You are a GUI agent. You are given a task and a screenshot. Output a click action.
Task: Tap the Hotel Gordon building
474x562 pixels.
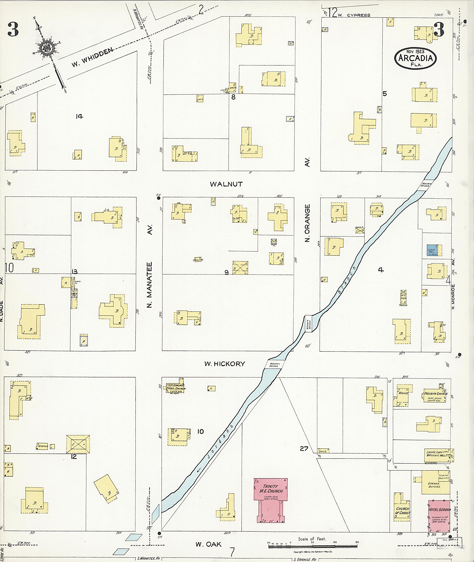(x=439, y=516)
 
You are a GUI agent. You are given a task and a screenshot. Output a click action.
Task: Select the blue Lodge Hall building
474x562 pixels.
(x=432, y=250)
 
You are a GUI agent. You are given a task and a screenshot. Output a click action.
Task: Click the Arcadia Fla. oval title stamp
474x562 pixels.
(x=415, y=59)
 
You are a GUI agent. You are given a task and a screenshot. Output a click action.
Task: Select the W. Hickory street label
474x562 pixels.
(x=225, y=364)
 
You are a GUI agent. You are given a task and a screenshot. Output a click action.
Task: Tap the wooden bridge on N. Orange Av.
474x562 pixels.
(x=308, y=324)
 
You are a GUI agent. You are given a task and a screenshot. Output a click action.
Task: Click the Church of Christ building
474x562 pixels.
(x=402, y=510)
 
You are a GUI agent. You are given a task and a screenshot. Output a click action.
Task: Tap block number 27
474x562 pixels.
(x=304, y=448)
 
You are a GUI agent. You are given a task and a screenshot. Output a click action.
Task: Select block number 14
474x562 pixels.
(x=79, y=116)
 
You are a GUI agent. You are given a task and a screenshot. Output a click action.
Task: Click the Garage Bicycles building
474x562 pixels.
(x=436, y=484)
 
